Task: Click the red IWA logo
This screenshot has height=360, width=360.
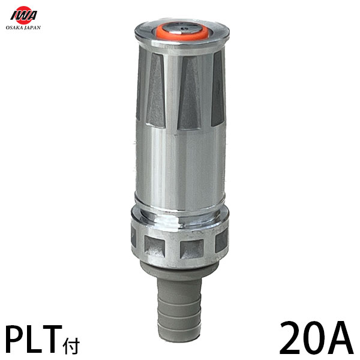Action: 23,15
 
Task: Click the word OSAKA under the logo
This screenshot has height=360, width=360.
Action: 14,28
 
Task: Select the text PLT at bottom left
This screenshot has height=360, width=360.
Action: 33,339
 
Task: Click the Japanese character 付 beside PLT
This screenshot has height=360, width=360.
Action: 71,346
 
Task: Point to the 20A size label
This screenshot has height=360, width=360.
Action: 316,338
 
